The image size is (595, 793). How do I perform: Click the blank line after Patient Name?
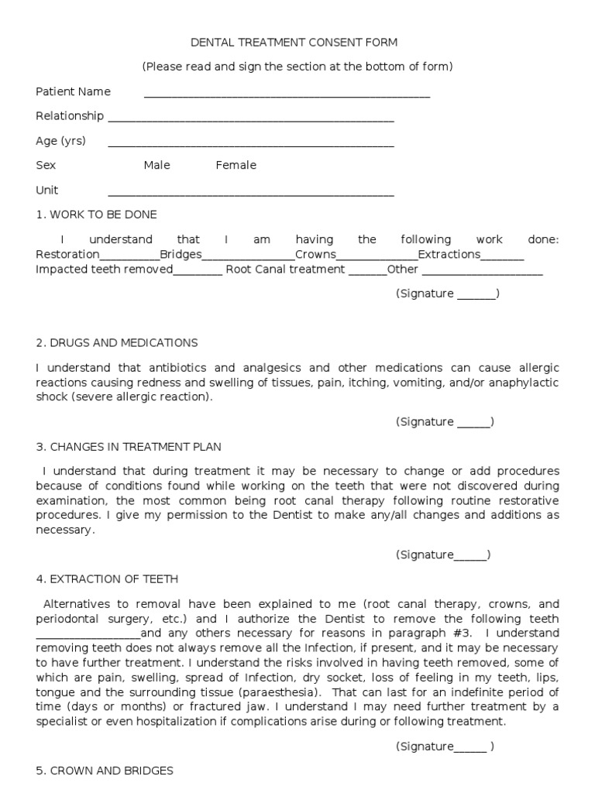pos(287,94)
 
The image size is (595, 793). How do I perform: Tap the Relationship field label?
pos(70,116)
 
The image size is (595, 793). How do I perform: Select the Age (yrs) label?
pos(60,141)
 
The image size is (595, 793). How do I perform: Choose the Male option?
pos(156,165)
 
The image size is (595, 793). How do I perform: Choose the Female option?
pos(236,165)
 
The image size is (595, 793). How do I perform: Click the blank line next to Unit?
pos(251,193)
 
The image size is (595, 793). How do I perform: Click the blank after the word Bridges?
pos(248,257)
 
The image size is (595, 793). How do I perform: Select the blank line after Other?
pos(482,273)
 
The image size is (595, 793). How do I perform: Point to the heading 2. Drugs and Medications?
pos(116,342)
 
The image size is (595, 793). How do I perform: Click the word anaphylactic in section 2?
pos(527,383)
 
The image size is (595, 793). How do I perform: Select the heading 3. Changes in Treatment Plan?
pos(128,446)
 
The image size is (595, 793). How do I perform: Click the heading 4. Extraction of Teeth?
pos(107,578)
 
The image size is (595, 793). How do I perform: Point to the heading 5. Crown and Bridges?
pos(105,771)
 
